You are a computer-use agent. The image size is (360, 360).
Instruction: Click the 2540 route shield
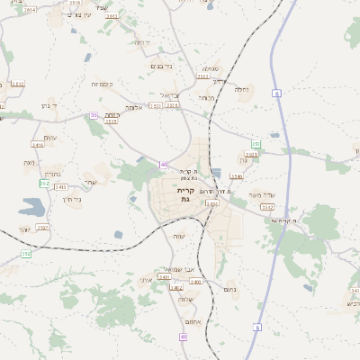[236, 176]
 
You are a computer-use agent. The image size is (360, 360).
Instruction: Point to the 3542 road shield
[267, 206]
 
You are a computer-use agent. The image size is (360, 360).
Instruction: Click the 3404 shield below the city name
[212, 204]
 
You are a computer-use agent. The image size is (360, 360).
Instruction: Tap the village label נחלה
[241, 89]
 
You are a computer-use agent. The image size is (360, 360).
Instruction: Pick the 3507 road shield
[42, 228]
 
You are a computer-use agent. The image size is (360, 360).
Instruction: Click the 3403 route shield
[60, 186]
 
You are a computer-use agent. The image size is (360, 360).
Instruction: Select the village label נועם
[229, 289]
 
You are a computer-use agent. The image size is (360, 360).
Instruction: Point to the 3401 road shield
[165, 277]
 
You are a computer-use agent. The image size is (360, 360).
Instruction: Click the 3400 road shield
[195, 282]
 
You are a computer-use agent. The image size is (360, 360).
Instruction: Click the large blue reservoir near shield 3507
[30, 210]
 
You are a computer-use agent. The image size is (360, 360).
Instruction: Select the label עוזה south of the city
[179, 236]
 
